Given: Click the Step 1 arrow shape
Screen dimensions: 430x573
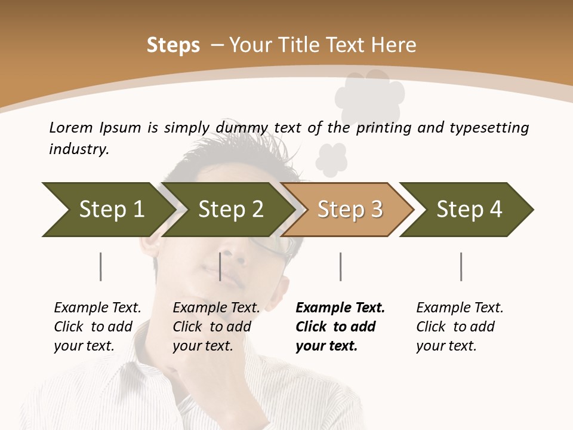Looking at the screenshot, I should [107, 210].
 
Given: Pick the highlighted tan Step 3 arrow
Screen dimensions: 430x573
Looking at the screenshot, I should [349, 210].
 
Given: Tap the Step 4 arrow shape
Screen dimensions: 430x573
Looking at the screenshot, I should [468, 210].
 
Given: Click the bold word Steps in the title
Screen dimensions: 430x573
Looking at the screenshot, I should [173, 45].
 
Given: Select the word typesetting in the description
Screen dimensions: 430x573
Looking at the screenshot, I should [489, 128].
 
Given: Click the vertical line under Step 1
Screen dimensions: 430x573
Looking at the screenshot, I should [100, 266].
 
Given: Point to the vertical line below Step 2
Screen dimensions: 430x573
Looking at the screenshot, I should [220, 266].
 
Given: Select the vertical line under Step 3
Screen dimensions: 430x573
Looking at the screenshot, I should [340, 266].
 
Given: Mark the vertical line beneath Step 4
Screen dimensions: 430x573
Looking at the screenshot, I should [461, 266].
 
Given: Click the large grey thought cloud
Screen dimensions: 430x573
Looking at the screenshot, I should [370, 96].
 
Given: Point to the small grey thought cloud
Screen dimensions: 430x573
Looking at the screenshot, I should [331, 159].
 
